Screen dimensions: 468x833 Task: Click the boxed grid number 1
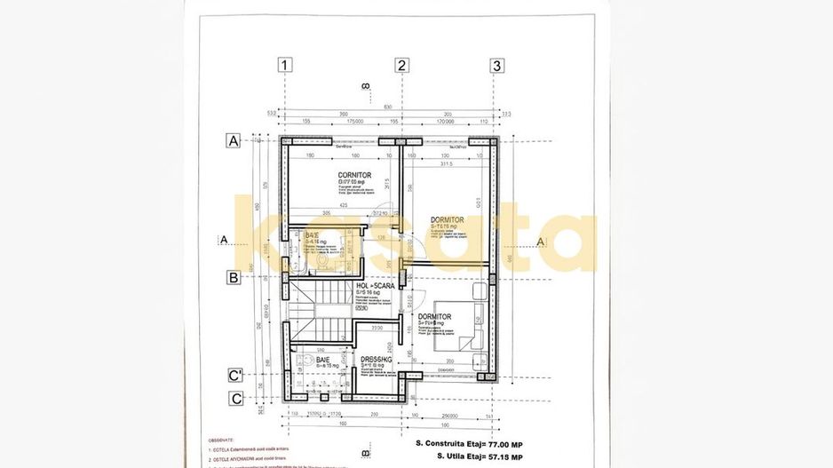coord(284,65)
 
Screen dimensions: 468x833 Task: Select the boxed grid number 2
coord(401,65)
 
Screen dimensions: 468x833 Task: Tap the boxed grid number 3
coord(496,65)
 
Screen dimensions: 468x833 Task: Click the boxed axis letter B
coord(234,277)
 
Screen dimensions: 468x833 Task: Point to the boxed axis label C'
coord(235,376)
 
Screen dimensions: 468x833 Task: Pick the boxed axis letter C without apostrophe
coord(235,398)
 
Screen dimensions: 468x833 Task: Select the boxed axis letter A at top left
coord(234,140)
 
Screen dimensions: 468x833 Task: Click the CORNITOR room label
coord(354,175)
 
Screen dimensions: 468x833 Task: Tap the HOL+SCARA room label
coord(375,286)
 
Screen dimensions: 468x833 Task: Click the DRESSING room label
coord(377,361)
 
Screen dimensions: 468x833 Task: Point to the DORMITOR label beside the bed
coord(434,317)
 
